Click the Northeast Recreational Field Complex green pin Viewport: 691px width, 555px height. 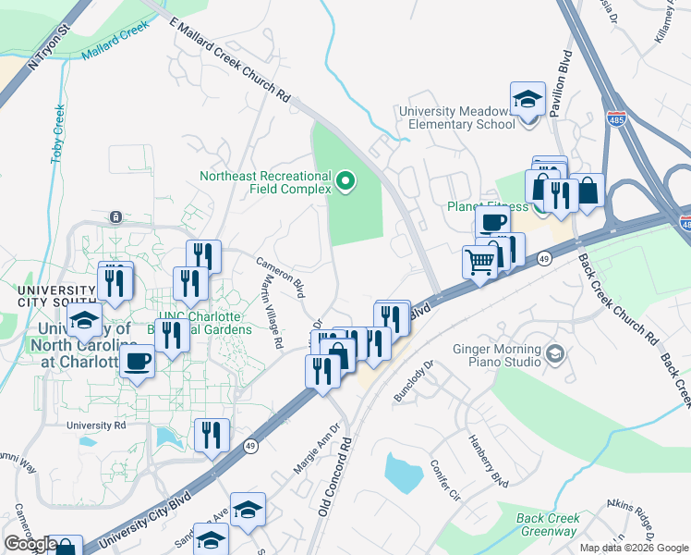pyautogui.click(x=346, y=181)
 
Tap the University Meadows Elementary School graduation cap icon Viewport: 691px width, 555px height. pyautogui.click(x=527, y=99)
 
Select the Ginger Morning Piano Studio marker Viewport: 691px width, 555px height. pyautogui.click(x=554, y=353)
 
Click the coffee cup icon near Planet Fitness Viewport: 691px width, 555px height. pyautogui.click(x=492, y=222)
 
